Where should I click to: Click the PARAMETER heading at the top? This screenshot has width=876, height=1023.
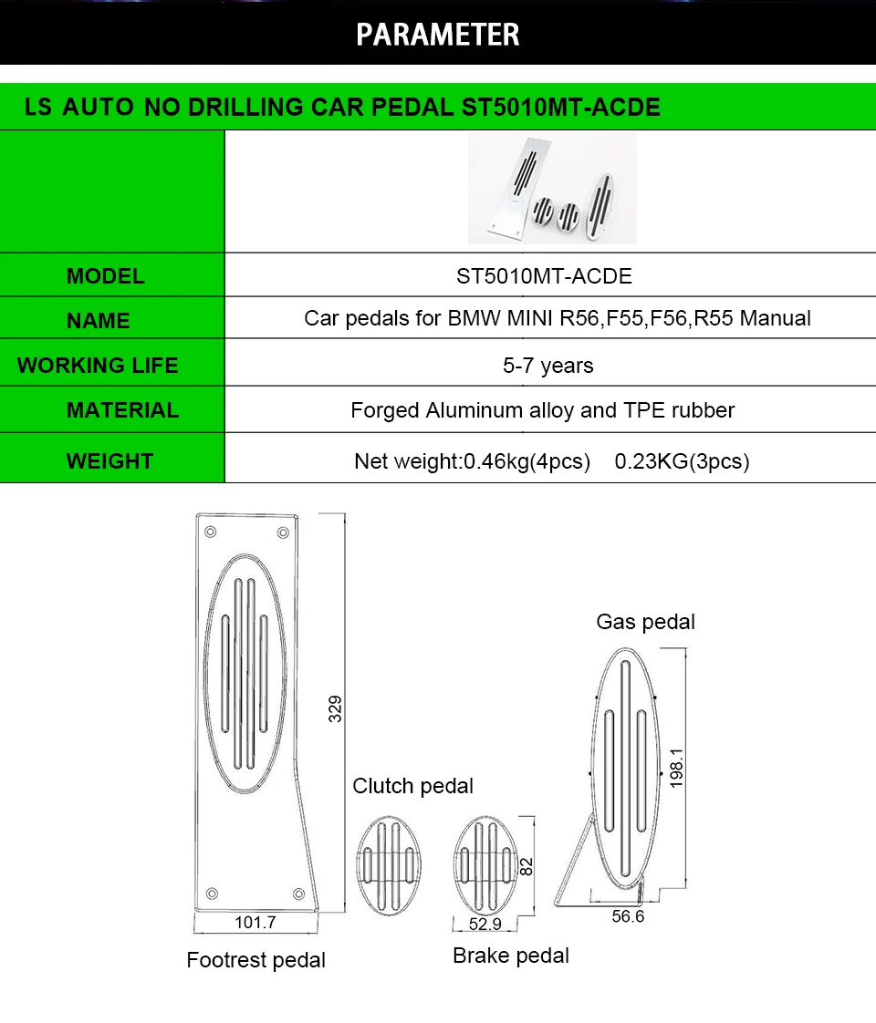pyautogui.click(x=437, y=35)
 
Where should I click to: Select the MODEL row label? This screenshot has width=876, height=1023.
pyautogui.click(x=105, y=276)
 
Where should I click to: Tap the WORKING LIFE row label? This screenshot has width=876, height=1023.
pyautogui.click(x=98, y=366)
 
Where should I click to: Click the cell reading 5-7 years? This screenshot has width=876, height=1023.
pyautogui.click(x=547, y=366)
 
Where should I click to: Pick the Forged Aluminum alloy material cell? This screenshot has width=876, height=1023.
pyautogui.click(x=542, y=410)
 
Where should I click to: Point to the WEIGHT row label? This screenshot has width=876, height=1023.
pyautogui.click(x=109, y=461)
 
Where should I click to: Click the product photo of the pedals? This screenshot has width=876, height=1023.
pyautogui.click(x=551, y=190)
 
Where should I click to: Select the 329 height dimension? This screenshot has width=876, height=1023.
pyautogui.click(x=335, y=708)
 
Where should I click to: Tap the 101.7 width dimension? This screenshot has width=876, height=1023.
pyautogui.click(x=255, y=922)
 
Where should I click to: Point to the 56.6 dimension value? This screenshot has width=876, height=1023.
pyautogui.click(x=628, y=915)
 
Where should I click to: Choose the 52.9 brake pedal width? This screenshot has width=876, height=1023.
pyautogui.click(x=485, y=924)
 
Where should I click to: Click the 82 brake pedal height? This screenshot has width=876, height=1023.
pyautogui.click(x=526, y=866)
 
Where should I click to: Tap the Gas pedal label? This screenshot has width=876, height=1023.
pyautogui.click(x=645, y=622)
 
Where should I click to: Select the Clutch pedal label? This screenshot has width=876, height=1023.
pyautogui.click(x=413, y=786)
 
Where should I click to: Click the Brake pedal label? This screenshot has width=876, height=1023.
pyautogui.click(x=510, y=956)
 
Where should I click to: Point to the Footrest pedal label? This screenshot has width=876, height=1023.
pyautogui.click(x=255, y=960)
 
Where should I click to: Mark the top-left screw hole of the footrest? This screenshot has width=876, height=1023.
pyautogui.click(x=211, y=532)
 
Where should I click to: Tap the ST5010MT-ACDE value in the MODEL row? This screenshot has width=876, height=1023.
pyautogui.click(x=544, y=276)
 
